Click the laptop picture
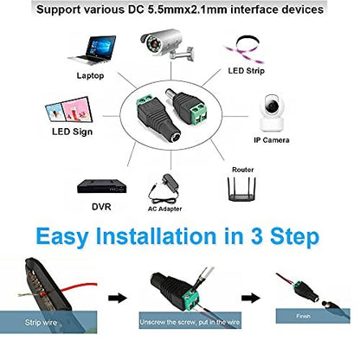point(93,50)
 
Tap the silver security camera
point(167,45)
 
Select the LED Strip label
point(246,71)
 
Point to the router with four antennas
point(241,189)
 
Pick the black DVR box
point(101,186)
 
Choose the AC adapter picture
point(164,188)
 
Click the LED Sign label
point(72,132)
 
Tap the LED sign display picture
point(68,110)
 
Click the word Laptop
point(90,76)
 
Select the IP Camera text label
point(272,140)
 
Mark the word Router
point(243,170)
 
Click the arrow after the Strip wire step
point(118,298)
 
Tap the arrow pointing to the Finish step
point(251,298)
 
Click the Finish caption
point(303,316)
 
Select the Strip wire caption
point(41,322)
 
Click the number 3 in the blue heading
point(257,236)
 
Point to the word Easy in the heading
point(62,237)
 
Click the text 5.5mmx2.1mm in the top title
point(187,10)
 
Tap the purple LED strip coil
point(245,49)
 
